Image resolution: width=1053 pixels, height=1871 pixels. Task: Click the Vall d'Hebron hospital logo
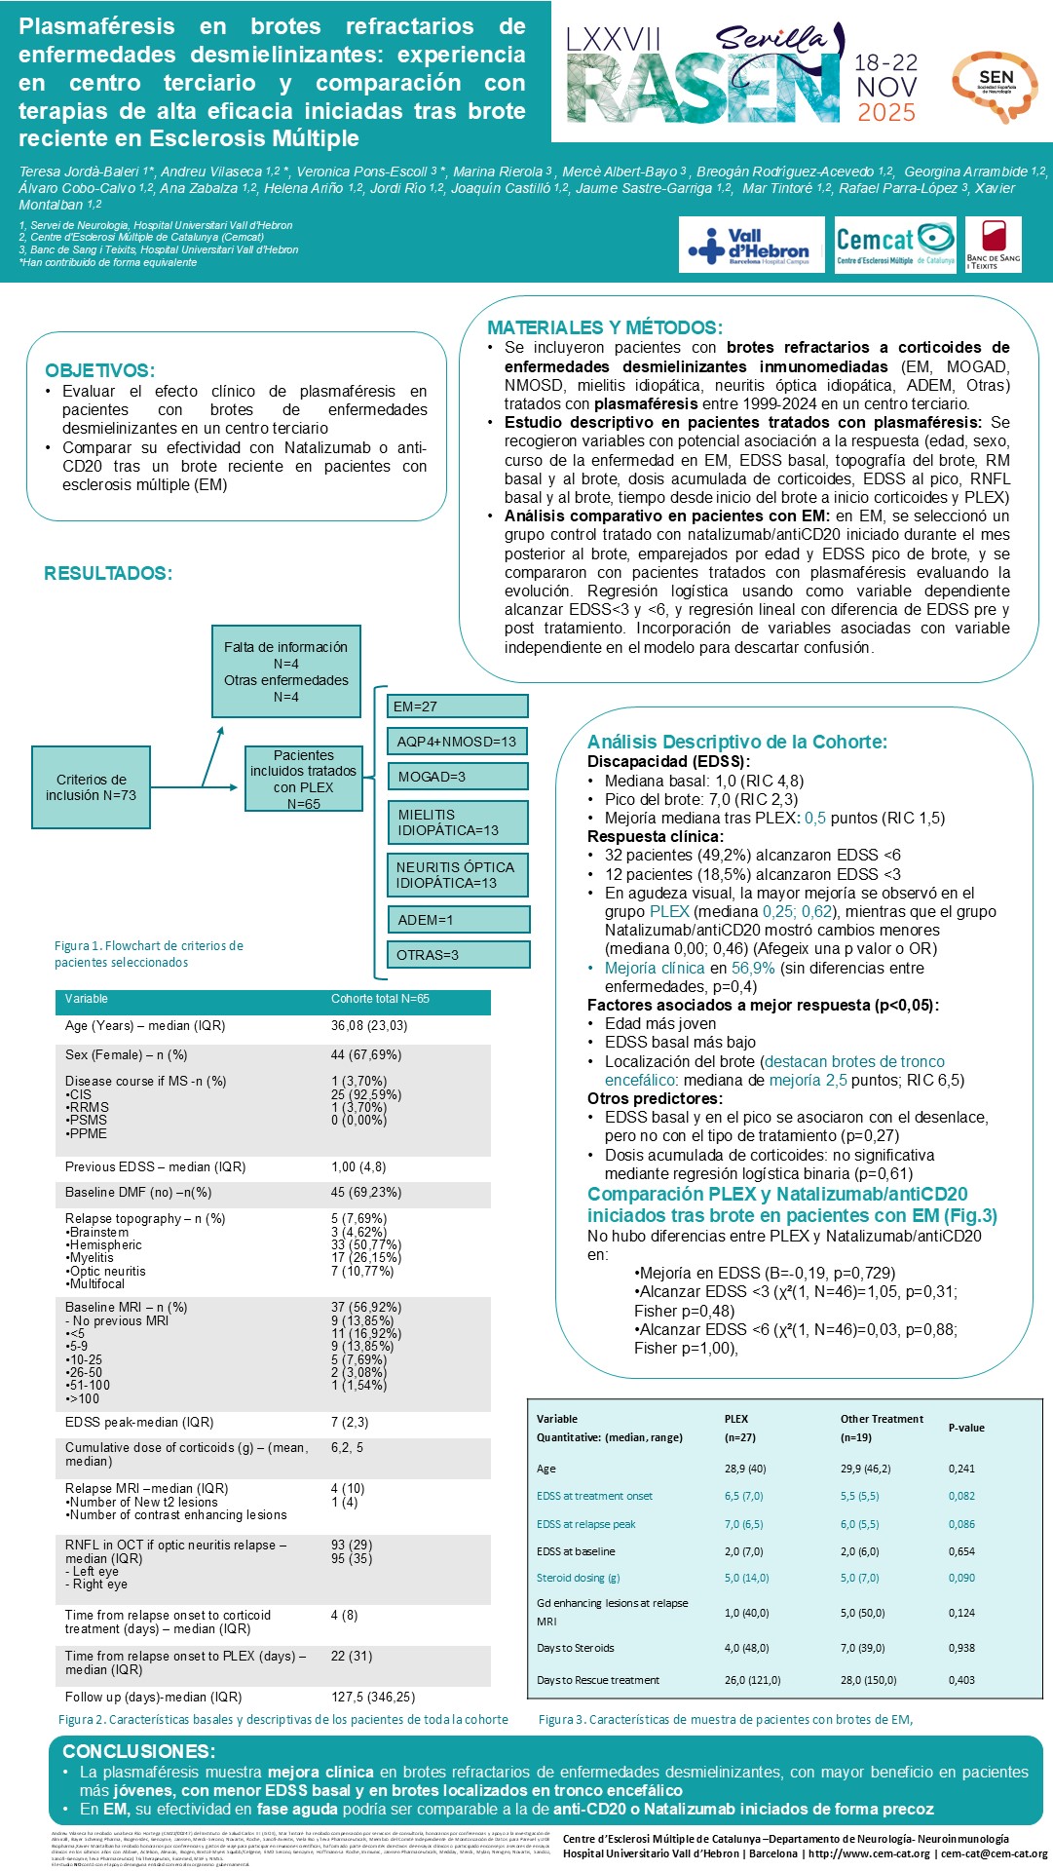pyautogui.click(x=748, y=245)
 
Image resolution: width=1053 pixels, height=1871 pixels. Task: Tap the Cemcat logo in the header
pyautogui.click(x=895, y=245)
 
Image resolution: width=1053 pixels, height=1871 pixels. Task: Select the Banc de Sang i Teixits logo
pyautogui.click(x=994, y=245)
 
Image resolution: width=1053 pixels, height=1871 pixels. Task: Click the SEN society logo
pyautogui.click(x=995, y=86)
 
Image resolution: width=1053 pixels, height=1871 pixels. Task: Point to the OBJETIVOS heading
pyautogui.click(x=99, y=370)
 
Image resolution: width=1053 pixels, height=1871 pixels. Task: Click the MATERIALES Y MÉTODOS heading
pyautogui.click(x=604, y=327)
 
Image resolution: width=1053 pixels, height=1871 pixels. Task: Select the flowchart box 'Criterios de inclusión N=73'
pyautogui.click(x=91, y=787)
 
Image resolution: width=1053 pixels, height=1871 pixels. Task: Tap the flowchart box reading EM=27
pyautogui.click(x=459, y=706)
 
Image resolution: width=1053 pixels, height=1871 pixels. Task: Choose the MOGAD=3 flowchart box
pyautogui.click(x=459, y=777)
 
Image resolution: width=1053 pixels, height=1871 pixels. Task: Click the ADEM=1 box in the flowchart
pyautogui.click(x=459, y=920)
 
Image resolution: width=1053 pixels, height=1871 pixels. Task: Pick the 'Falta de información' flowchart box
pyautogui.click(x=285, y=671)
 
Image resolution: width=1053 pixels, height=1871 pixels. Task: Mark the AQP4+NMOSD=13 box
pyautogui.click(x=457, y=742)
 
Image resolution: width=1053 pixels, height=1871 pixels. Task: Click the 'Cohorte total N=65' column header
pyautogui.click(x=380, y=999)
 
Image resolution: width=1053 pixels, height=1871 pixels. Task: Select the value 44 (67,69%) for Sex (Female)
pyautogui.click(x=366, y=1054)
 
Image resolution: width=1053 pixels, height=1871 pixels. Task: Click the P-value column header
pyautogui.click(x=966, y=1428)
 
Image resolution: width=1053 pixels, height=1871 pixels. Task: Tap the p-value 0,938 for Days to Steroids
pyautogui.click(x=961, y=1648)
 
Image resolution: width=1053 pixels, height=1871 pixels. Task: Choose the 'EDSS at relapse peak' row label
pyautogui.click(x=585, y=1524)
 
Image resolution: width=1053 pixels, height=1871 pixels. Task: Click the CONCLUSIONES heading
pyautogui.click(x=138, y=1751)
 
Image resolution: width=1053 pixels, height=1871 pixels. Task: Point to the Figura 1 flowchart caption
pyautogui.click(x=149, y=954)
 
